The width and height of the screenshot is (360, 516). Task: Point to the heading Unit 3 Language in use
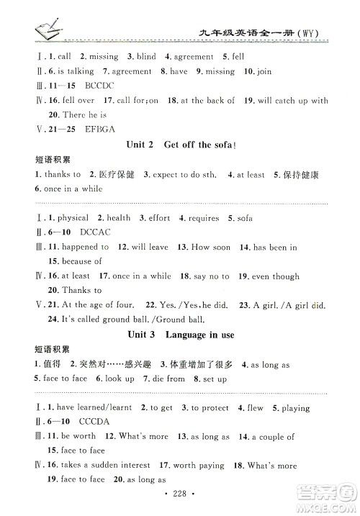pyautogui.click(x=181, y=336)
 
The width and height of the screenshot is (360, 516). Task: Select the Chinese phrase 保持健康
pyautogui.click(x=290, y=174)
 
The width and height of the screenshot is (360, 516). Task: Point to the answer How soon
pyautogui.click(x=211, y=247)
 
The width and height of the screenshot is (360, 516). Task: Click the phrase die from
pyautogui.click(x=170, y=379)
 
